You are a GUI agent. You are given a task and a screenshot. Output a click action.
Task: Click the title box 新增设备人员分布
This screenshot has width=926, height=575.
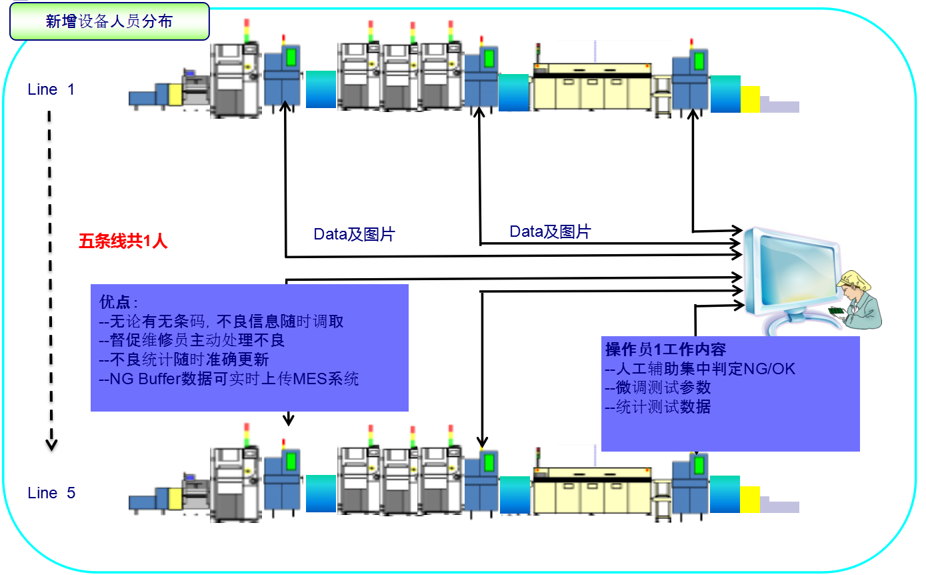pos(109,21)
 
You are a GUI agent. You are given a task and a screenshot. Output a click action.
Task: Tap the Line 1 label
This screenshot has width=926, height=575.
pos(51,89)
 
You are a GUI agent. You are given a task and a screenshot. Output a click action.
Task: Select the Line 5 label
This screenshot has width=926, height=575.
pos(51,493)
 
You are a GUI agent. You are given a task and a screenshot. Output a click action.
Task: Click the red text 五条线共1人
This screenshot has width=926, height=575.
pos(123,241)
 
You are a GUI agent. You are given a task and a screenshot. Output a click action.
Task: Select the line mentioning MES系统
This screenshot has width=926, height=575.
pos(228,380)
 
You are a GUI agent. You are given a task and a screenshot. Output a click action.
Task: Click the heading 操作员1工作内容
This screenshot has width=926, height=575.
pos(665,350)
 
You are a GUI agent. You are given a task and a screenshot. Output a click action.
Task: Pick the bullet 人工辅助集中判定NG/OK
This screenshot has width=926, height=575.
pos(700,368)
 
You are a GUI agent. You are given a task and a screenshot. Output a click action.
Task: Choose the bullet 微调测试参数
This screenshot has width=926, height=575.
pos(657,388)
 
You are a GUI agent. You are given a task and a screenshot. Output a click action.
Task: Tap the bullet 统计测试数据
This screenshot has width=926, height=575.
pos(657,407)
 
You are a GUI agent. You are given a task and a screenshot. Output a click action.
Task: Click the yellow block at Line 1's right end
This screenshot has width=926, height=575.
pos(750,99)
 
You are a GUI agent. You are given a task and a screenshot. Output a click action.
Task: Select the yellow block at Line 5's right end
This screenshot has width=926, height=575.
pos(749,500)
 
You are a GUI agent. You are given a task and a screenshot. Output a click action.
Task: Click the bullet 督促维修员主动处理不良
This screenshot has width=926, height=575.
pos(191,340)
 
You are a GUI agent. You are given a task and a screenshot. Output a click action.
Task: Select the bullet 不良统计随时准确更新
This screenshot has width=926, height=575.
pos(183,360)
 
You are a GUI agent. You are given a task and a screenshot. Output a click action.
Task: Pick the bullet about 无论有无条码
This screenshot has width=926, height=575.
pos(221,321)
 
